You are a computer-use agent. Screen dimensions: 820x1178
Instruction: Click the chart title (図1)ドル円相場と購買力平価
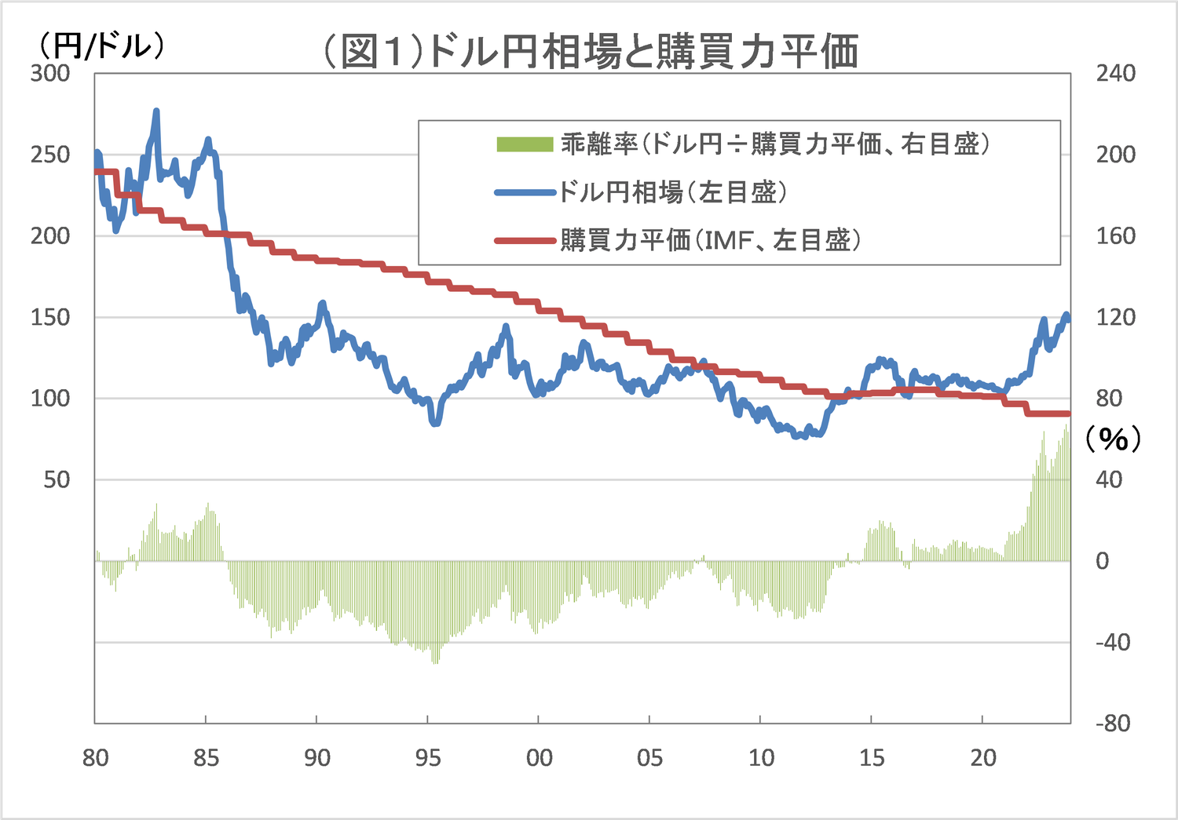[x=591, y=52]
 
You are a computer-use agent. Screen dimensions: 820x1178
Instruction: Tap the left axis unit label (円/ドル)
[x=101, y=45]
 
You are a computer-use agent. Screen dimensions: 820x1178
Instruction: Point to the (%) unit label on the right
[x=1113, y=438]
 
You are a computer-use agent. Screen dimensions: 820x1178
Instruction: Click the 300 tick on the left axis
[x=50, y=74]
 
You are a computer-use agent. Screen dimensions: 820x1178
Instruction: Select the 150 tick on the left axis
[x=50, y=317]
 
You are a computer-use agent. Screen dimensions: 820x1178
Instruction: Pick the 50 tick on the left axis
[x=57, y=479]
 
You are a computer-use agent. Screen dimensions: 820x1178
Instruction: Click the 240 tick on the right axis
[x=1115, y=74]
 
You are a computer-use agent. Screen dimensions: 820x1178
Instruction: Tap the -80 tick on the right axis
[x=1113, y=723]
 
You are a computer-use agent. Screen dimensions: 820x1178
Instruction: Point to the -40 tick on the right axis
[x=1113, y=642]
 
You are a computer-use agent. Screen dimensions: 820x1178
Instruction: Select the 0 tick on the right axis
[x=1103, y=561]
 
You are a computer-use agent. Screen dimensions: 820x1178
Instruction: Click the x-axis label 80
[x=95, y=758]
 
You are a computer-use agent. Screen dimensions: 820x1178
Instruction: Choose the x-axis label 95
[x=428, y=758]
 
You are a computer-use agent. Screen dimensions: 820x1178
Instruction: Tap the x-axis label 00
[x=540, y=758]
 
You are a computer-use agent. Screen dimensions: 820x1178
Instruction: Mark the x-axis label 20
[x=982, y=758]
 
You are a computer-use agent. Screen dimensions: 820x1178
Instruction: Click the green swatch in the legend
[x=525, y=144]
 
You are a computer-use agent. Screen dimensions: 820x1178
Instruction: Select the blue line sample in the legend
[x=525, y=192]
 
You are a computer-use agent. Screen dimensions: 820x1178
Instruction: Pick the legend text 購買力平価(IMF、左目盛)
[x=710, y=240]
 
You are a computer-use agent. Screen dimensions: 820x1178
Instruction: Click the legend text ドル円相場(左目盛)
[x=672, y=192]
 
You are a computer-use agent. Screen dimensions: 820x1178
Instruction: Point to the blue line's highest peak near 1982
[x=156, y=111]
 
